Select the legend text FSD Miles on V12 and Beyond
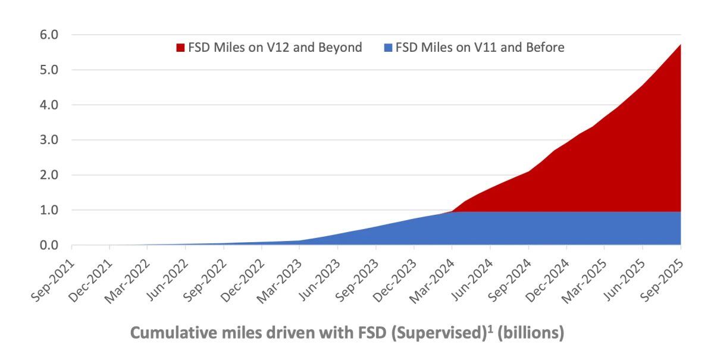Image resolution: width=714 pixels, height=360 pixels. (275, 48)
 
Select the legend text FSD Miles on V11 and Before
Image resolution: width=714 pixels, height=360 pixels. (480, 48)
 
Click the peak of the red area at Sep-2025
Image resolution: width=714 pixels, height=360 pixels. (680, 45)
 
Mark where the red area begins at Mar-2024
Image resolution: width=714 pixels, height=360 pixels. (452, 211)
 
